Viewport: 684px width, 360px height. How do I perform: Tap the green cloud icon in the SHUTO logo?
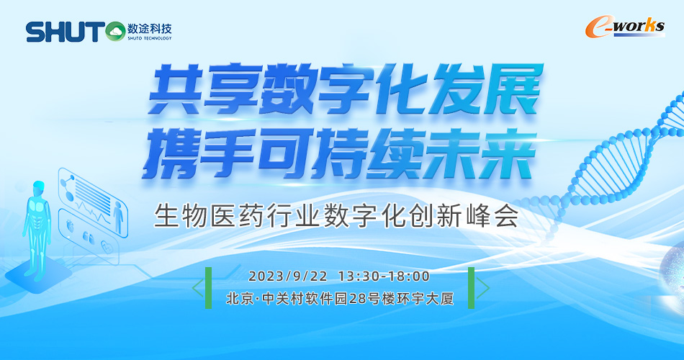tap(116, 32)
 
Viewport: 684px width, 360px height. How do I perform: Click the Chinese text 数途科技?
tap(150, 29)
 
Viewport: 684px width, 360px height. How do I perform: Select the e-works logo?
tap(625, 27)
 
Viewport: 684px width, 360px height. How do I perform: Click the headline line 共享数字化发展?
tap(345, 89)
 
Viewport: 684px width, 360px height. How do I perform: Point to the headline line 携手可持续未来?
tap(339, 153)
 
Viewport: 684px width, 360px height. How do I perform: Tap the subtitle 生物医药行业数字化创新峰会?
tap(336, 215)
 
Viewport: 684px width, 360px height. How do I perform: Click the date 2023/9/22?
tap(288, 276)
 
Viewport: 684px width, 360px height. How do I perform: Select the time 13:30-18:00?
tap(384, 276)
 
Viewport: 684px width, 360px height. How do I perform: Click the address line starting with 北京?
tap(340, 299)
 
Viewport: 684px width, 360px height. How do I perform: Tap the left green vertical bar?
tap(209, 288)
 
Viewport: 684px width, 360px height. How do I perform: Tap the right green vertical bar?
tap(471, 288)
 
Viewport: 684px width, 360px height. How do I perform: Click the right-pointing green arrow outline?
tap(485, 288)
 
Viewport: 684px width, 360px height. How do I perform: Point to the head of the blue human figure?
tap(38, 189)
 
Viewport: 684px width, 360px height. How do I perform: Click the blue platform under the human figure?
tap(38, 275)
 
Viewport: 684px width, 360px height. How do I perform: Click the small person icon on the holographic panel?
tap(118, 217)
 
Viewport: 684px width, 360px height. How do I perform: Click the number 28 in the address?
tap(358, 299)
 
